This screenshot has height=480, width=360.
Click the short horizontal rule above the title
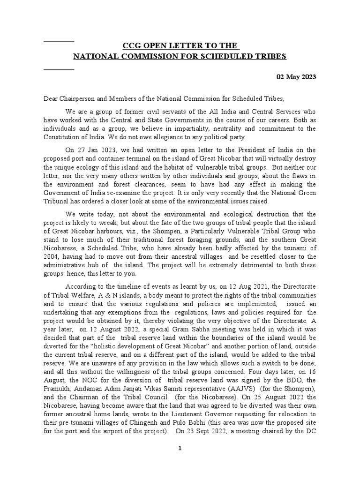point(59,41)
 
